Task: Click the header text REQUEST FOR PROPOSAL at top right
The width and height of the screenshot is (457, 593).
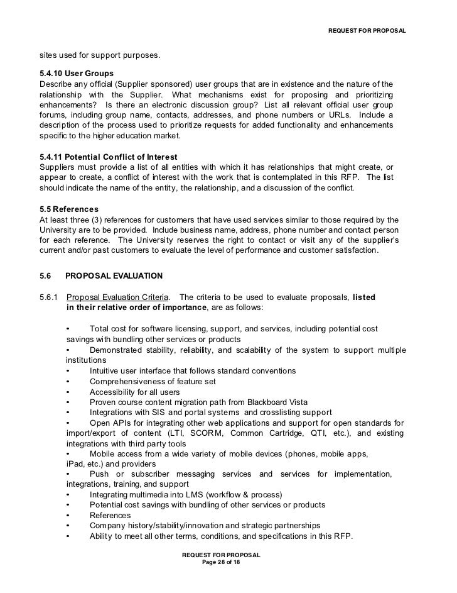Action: pos(367,31)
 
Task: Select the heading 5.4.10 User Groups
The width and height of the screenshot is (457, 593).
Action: pos(76,74)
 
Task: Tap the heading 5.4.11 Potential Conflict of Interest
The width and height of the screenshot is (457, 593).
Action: pos(108,157)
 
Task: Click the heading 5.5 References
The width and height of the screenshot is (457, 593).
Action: pos(68,209)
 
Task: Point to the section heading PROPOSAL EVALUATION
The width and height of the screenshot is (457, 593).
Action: pos(114,275)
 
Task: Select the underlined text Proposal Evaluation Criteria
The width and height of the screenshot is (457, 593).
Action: pos(117,297)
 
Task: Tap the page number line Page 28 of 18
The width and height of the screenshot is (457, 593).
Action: pos(220,562)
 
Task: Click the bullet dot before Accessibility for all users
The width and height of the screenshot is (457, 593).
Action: pos(68,392)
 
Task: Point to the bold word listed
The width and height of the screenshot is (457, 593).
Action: pos(364,297)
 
